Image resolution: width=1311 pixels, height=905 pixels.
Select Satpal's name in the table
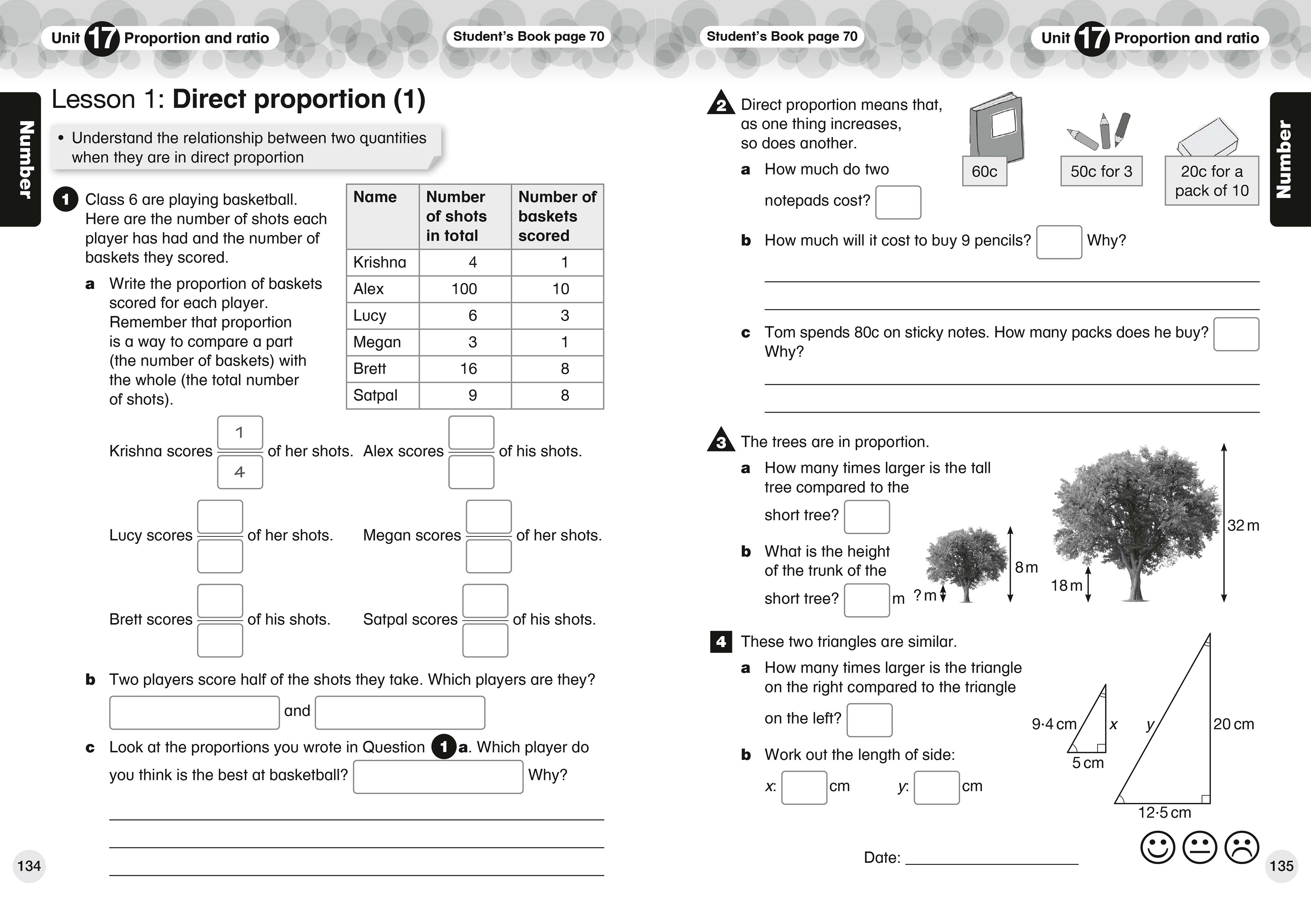[x=375, y=395]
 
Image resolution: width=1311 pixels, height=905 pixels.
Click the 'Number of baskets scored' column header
[x=557, y=216]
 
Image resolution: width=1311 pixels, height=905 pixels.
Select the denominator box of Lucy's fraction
[x=220, y=556]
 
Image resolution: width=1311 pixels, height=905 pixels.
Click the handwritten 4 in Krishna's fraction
[x=240, y=472]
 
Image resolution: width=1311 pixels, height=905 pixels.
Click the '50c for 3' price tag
[x=1101, y=171]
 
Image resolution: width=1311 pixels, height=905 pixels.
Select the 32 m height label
[x=1243, y=526]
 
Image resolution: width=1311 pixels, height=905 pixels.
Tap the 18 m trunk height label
[x=1066, y=586]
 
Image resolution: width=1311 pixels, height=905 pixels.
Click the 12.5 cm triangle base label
[x=1164, y=812]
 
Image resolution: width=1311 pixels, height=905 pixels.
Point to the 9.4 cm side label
[x=1054, y=724]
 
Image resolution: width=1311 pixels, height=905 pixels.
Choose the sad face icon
[x=1241, y=848]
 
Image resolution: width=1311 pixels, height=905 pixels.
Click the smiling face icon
[x=1157, y=848]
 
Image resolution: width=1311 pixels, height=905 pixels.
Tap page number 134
[x=29, y=866]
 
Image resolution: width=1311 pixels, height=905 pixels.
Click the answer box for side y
[x=936, y=788]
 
